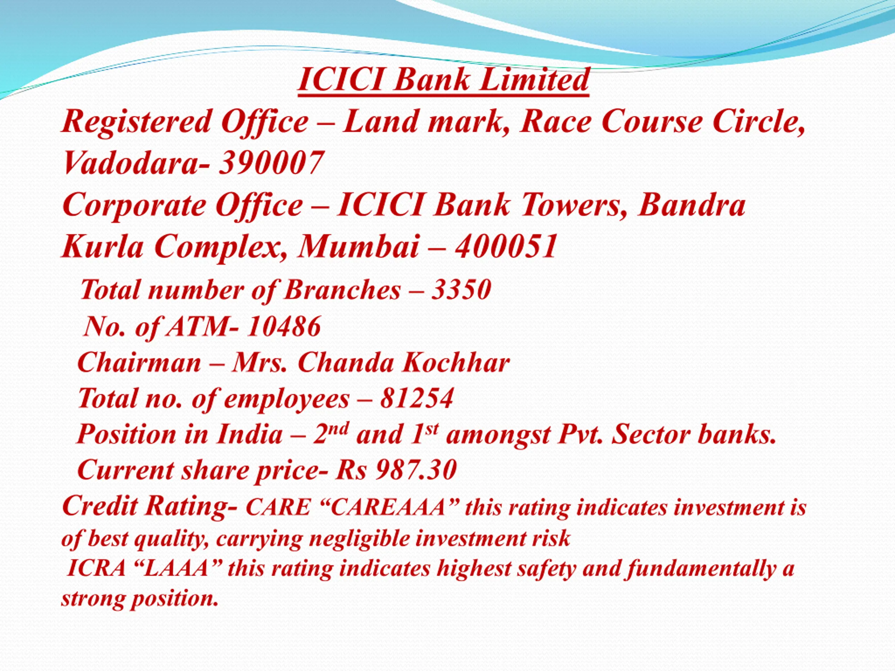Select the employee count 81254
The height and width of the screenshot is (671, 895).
pyautogui.click(x=417, y=398)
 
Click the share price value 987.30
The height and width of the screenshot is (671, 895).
pyautogui.click(x=416, y=470)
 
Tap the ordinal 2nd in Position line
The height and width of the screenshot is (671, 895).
pyautogui.click(x=331, y=434)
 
